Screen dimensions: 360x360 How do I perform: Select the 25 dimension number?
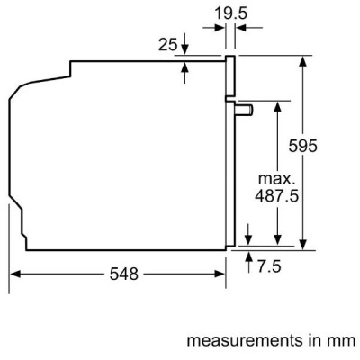(x=167, y=43)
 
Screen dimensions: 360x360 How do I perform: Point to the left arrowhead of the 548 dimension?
(x=15, y=274)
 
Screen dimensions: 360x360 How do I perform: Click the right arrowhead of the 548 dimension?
(x=220, y=274)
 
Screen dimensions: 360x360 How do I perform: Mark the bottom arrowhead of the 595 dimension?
(x=304, y=242)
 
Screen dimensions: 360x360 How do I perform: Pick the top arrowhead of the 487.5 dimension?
(x=278, y=103)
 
